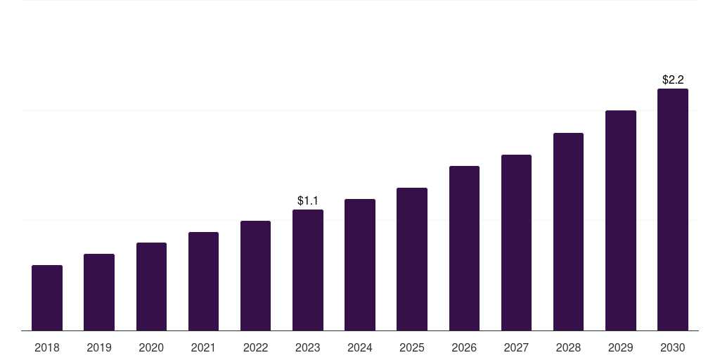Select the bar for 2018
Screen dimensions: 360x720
[47, 297]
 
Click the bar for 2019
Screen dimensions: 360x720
[99, 292]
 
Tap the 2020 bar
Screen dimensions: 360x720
[151, 286]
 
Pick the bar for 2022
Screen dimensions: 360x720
[255, 276]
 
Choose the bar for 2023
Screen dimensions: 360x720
[308, 270]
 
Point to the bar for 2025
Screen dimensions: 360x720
[412, 259]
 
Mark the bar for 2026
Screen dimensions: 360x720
[464, 248]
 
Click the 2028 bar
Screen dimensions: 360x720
[568, 231]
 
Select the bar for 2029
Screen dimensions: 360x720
[621, 220]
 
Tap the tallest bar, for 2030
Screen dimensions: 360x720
[673, 210]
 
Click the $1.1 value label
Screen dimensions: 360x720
[308, 201]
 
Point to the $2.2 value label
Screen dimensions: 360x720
[673, 80]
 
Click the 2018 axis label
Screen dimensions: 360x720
[47, 347]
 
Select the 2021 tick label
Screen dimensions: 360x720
[203, 347]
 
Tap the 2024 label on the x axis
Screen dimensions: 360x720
[360, 347]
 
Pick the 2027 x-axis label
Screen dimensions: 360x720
[516, 347]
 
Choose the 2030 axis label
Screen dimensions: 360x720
[673, 347]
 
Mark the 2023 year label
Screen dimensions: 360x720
[308, 347]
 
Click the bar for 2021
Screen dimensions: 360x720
[203, 281]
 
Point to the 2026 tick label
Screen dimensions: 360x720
[464, 347]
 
